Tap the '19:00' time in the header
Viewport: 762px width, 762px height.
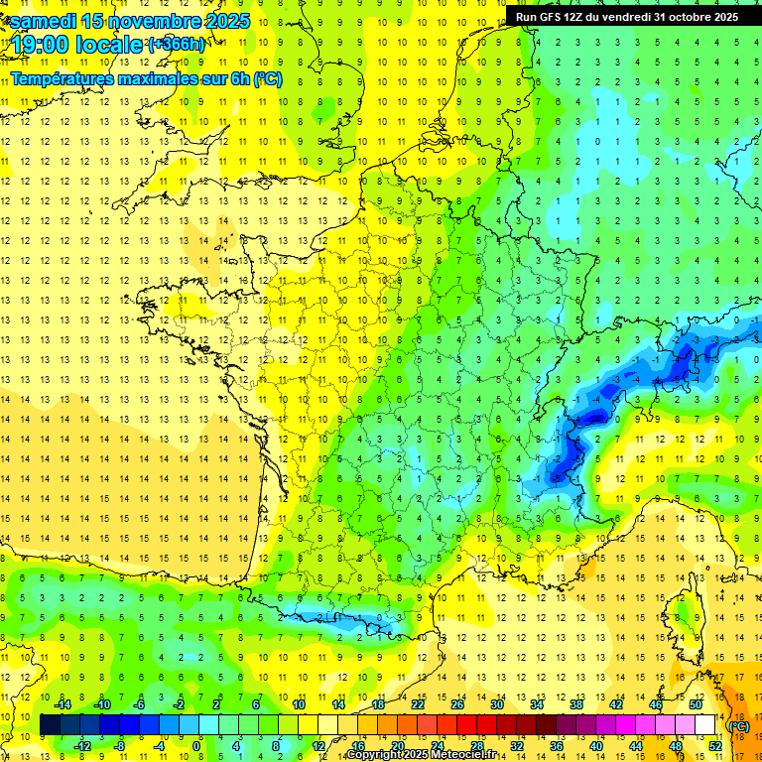pyautogui.click(x=37, y=45)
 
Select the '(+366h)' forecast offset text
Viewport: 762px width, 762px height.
pyautogui.click(x=176, y=45)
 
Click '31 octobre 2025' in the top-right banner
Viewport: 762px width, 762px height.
pyautogui.click(x=696, y=17)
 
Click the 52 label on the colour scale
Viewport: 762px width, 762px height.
pyautogui.click(x=714, y=746)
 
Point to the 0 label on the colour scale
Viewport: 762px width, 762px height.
pyautogui.click(x=196, y=746)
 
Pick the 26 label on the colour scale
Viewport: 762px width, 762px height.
pyautogui.click(x=457, y=704)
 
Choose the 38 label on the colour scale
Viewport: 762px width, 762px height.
pyautogui.click(x=575, y=704)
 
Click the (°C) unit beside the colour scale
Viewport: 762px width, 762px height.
pyautogui.click(x=739, y=725)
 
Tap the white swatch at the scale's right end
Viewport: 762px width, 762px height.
pyautogui.click(x=705, y=725)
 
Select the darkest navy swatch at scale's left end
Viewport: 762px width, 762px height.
pyautogui.click(x=51, y=725)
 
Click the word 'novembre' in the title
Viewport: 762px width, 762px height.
pyautogui.click(x=150, y=20)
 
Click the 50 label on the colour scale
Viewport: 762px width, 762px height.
pyautogui.click(x=695, y=704)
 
